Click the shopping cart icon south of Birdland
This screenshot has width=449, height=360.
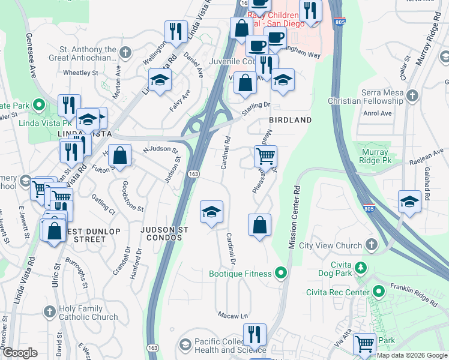tap(265, 157)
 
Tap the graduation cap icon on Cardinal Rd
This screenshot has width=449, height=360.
tap(211, 212)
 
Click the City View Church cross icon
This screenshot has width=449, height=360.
tap(372, 245)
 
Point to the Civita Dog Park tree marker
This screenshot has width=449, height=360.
tap(360, 267)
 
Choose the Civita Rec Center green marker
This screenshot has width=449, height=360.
tap(378, 292)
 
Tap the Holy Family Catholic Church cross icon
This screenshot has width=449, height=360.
tap(50, 312)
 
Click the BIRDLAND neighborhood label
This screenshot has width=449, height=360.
tap(290, 120)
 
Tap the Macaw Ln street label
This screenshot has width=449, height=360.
tap(232, 316)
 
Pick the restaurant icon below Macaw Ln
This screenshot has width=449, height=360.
tap(255, 334)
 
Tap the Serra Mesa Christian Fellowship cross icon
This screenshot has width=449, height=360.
tap(412, 95)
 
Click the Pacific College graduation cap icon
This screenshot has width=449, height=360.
tap(185, 345)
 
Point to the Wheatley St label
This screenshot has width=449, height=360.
tap(80, 73)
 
